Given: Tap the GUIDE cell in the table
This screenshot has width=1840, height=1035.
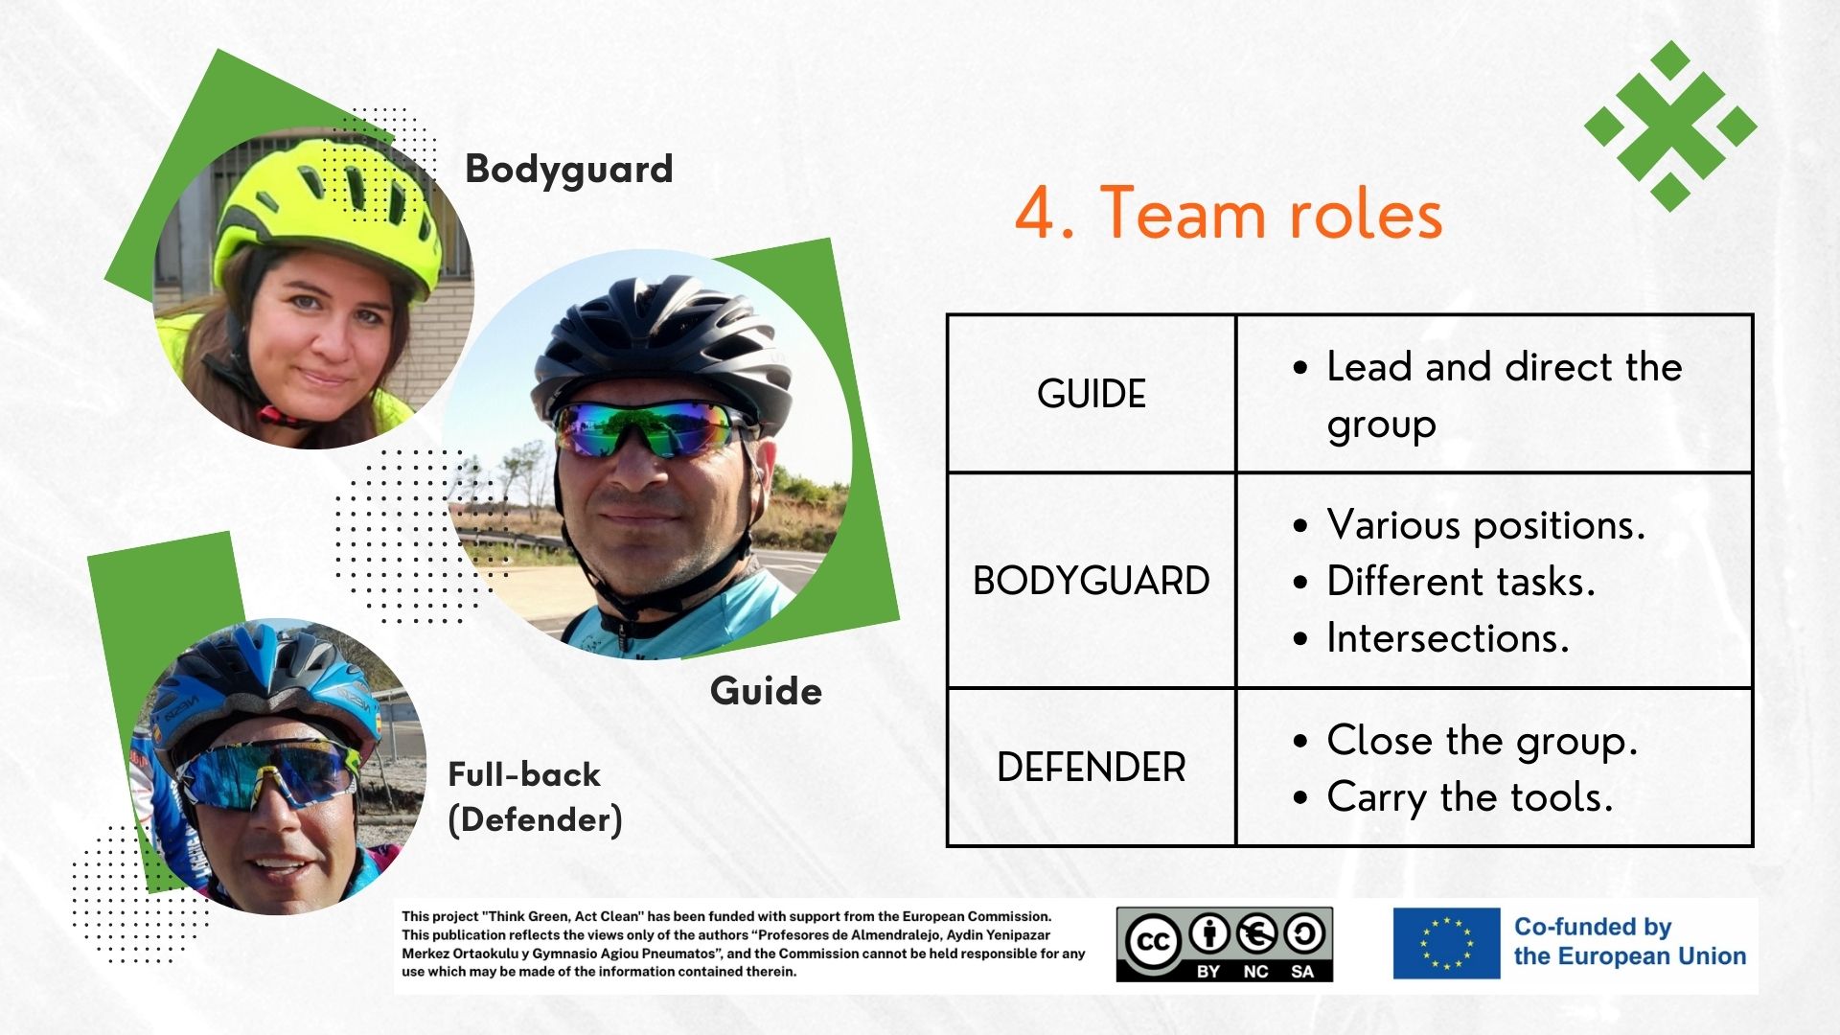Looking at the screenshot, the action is point(1092,394).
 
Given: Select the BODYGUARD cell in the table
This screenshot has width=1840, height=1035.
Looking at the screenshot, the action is point(1092,581).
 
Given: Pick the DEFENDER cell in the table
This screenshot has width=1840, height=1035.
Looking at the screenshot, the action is point(1092,768).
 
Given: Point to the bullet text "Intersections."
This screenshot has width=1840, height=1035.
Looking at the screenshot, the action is point(1448,638).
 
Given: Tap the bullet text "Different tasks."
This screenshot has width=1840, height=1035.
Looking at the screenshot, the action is point(1460,582).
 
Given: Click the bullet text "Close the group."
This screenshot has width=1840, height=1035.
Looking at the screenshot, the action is point(1482,741).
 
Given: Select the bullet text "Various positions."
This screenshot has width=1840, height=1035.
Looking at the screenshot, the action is point(1485,525).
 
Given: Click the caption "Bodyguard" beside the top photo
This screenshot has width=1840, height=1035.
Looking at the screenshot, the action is point(569,170).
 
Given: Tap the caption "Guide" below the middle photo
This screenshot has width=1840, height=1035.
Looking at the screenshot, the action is point(766,691).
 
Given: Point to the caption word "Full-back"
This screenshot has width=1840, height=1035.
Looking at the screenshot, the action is point(524,774).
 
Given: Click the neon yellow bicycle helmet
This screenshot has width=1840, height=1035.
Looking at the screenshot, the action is point(327,210).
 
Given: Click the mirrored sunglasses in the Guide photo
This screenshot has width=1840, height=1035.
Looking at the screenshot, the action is point(653,427).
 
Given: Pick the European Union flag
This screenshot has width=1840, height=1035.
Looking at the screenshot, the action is point(1447,943).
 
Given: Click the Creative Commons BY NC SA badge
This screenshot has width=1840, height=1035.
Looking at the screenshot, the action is point(1225,944).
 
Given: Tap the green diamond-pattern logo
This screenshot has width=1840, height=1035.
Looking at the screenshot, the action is point(1670,126).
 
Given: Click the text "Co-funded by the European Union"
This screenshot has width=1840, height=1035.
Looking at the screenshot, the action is point(1630,941).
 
